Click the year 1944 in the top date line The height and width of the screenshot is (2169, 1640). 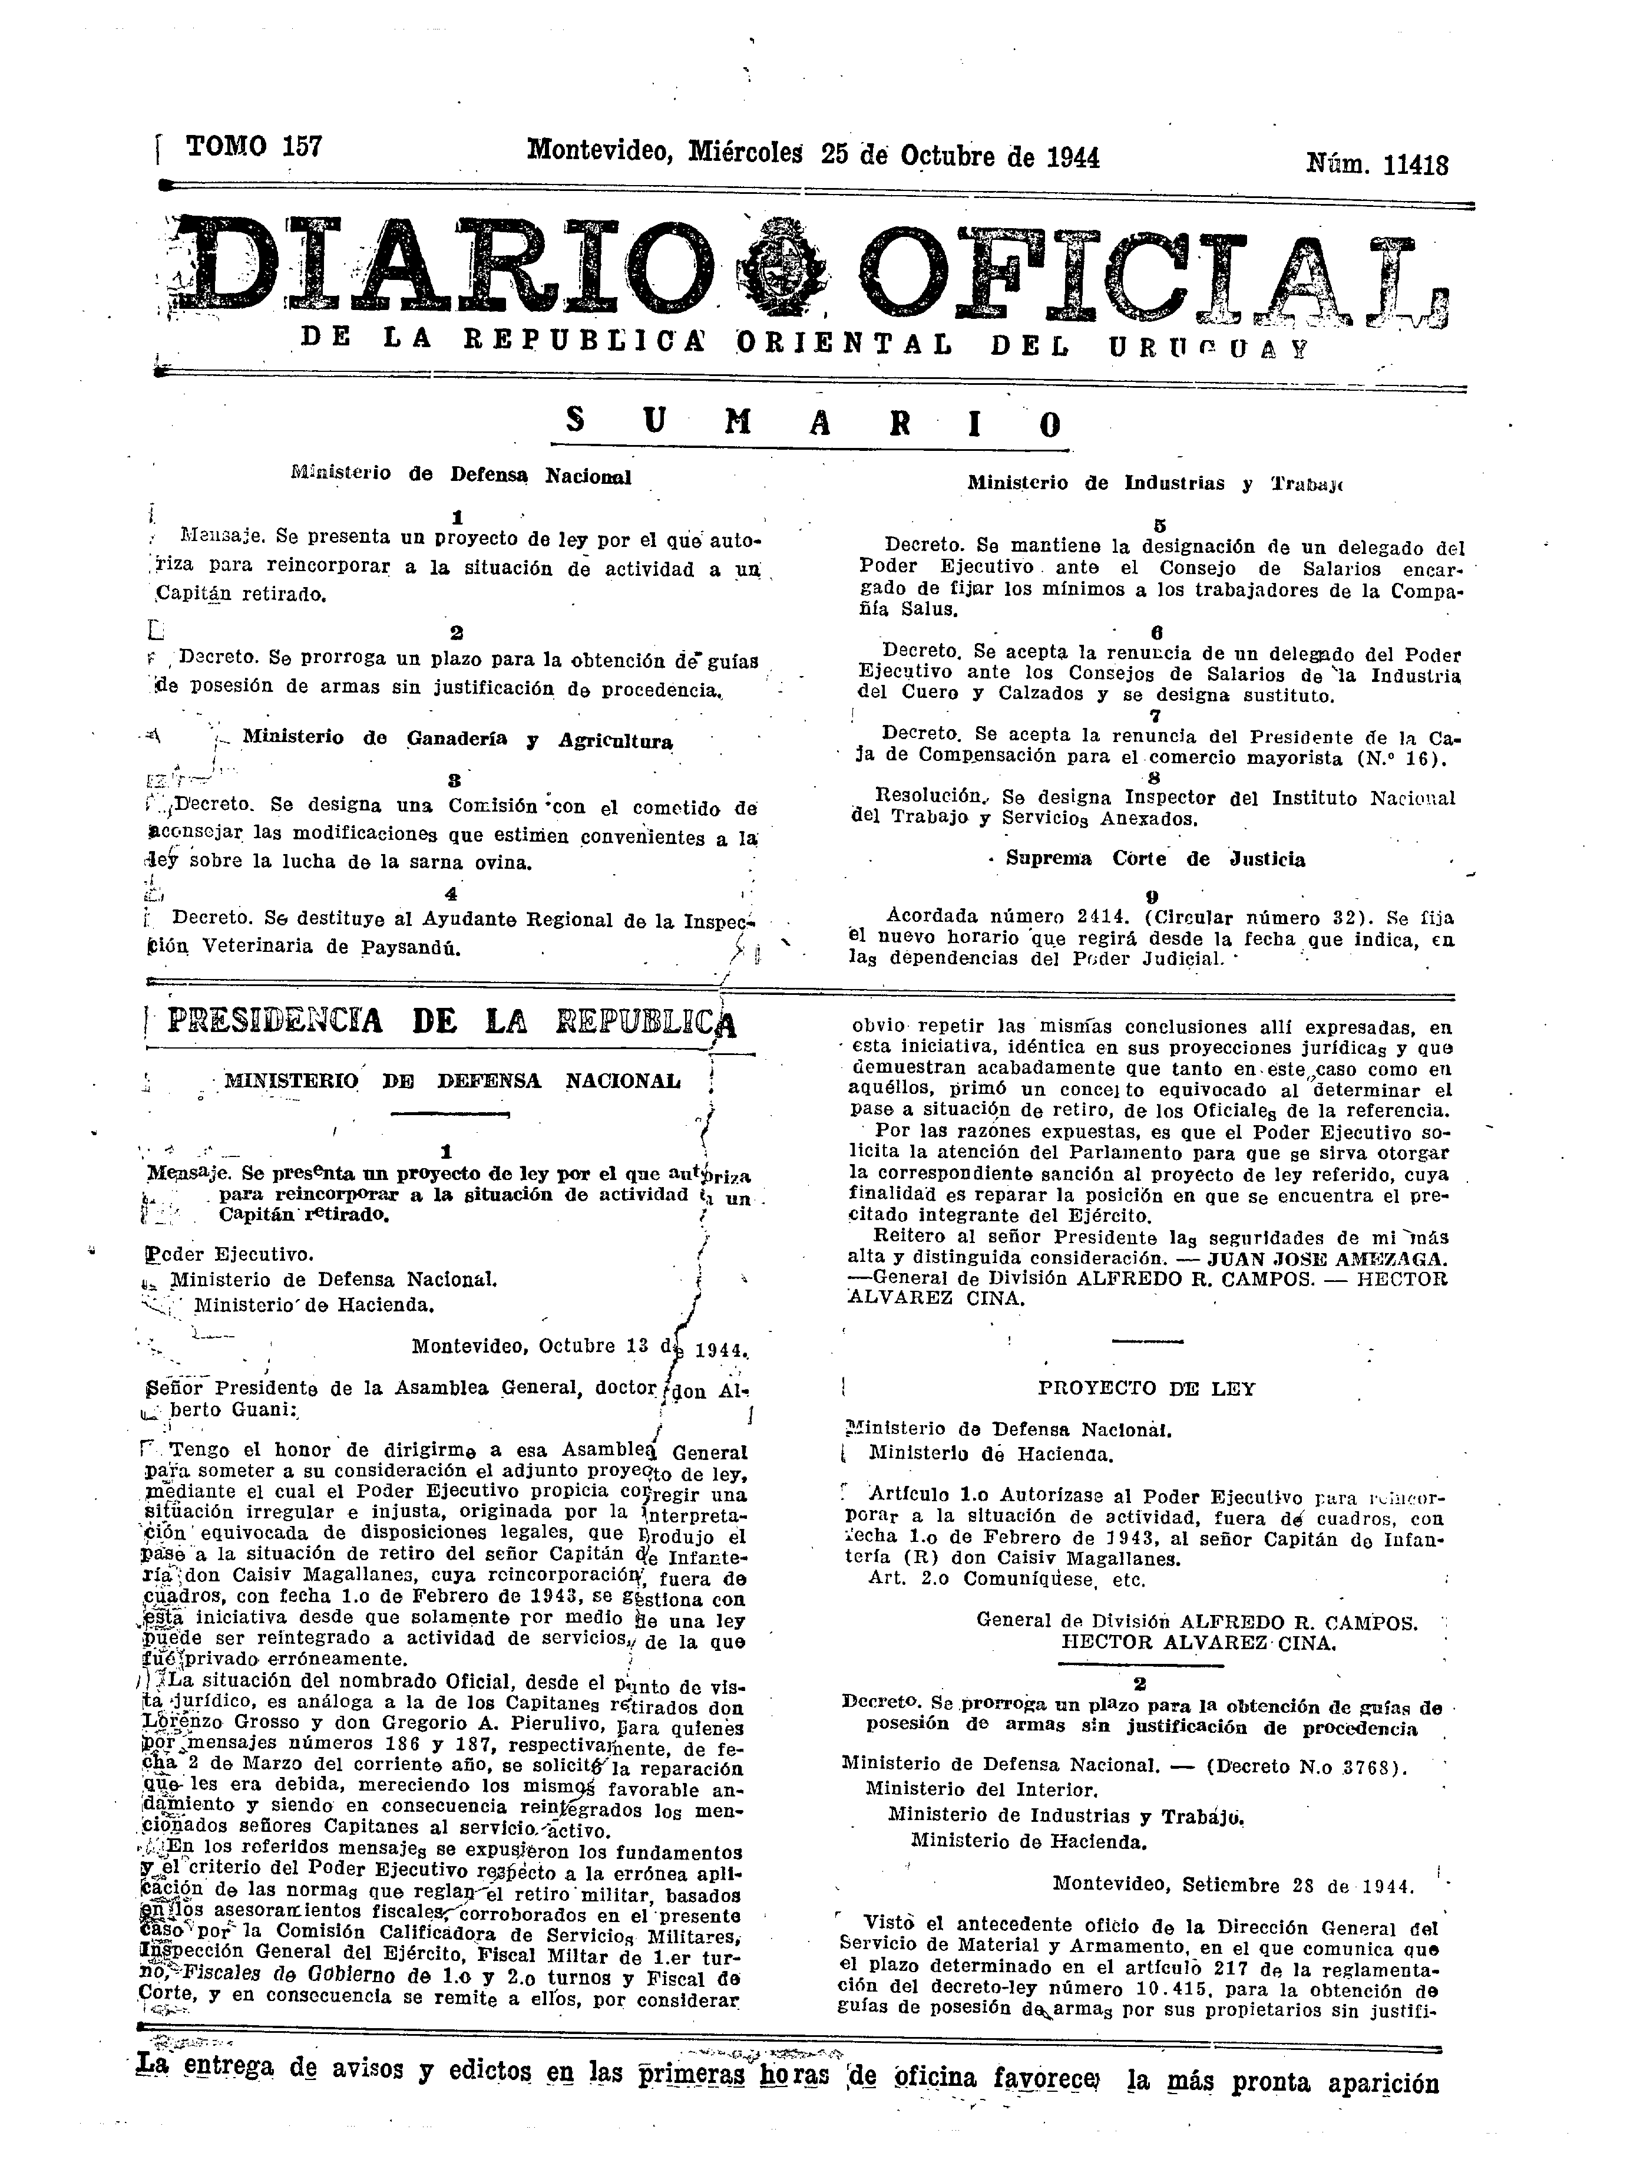coord(1072,157)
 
